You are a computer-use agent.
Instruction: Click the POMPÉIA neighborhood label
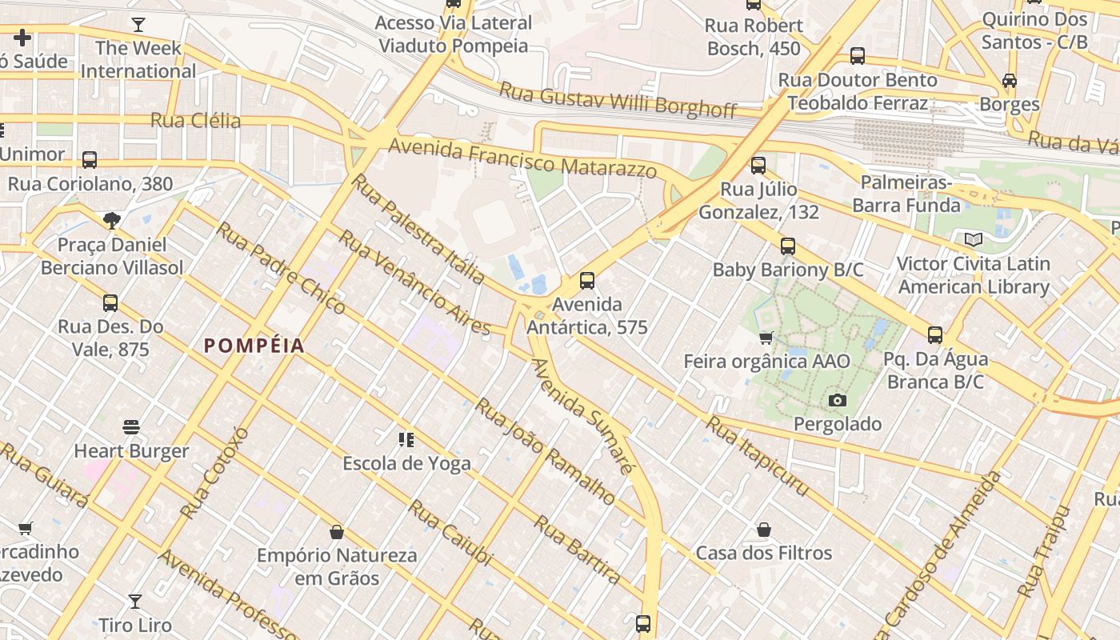pyautogui.click(x=254, y=346)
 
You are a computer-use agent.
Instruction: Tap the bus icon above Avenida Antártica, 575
pyautogui.click(x=587, y=280)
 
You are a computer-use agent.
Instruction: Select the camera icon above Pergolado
pyautogui.click(x=838, y=400)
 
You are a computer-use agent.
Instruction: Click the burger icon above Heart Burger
pyautogui.click(x=131, y=427)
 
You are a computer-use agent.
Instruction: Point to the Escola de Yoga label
pyautogui.click(x=406, y=463)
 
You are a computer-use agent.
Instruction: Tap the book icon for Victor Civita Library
pyautogui.click(x=973, y=239)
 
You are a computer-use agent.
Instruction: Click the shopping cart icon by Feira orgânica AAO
pyautogui.click(x=766, y=338)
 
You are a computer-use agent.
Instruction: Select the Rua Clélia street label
pyautogui.click(x=195, y=121)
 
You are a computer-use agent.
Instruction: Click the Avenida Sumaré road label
pyautogui.click(x=582, y=416)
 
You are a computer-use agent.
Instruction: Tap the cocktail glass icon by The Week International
pyautogui.click(x=138, y=24)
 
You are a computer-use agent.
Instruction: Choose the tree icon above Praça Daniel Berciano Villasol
pyautogui.click(x=112, y=220)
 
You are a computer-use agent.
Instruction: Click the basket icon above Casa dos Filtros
pyautogui.click(x=764, y=530)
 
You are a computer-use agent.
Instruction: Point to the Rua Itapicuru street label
pyautogui.click(x=757, y=456)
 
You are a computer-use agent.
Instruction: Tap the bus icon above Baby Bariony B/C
pyautogui.click(x=788, y=246)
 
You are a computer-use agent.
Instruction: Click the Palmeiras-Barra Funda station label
pyautogui.click(x=906, y=194)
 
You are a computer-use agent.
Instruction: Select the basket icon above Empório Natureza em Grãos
pyautogui.click(x=337, y=532)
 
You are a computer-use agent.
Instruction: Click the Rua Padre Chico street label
pyautogui.click(x=281, y=268)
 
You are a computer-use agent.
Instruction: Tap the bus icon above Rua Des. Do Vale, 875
pyautogui.click(x=110, y=303)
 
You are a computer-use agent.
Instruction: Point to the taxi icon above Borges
pyautogui.click(x=1010, y=81)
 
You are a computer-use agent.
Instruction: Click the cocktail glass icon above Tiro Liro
pyautogui.click(x=135, y=601)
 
